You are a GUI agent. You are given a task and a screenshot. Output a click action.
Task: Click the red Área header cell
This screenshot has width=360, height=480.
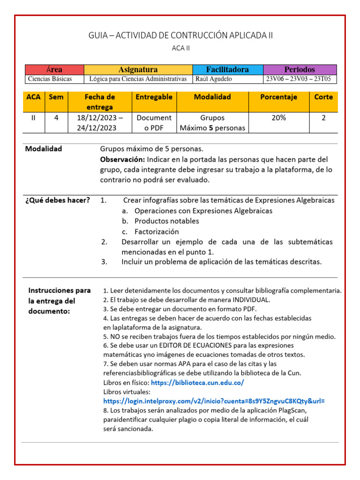pos(54,69)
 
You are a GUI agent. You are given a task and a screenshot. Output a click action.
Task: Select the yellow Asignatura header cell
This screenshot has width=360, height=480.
pos(138,69)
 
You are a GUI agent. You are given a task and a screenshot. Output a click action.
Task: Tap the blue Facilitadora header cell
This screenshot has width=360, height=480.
pos(227,69)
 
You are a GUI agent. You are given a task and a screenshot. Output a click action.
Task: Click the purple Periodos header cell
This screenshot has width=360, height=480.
pos(300,69)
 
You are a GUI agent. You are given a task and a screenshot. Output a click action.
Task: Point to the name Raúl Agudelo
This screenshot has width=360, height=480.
pos(214,79)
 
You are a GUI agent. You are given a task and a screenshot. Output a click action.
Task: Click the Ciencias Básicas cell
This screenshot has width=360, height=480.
pos(50,79)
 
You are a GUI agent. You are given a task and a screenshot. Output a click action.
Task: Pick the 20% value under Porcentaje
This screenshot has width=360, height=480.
pos(278,118)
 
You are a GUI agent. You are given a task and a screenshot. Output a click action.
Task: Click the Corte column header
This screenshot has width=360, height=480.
pos(323,97)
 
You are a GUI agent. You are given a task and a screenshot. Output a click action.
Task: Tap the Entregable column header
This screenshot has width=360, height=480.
pos(154,97)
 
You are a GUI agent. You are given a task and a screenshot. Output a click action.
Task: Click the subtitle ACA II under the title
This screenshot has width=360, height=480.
pos(180,48)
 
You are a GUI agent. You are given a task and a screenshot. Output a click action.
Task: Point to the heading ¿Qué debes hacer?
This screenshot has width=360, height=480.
pos(57,201)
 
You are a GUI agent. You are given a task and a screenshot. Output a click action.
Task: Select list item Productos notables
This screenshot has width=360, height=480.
pos(166,221)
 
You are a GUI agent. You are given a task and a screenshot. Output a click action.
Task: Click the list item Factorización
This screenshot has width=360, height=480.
pos(157,232)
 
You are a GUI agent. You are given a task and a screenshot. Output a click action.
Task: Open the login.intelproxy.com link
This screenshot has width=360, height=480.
pos(214,401)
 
